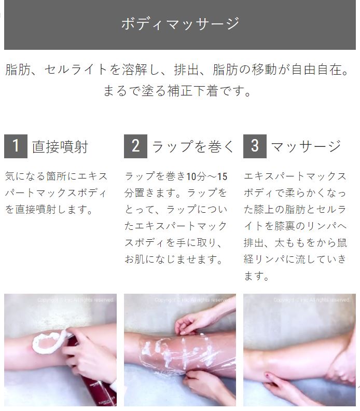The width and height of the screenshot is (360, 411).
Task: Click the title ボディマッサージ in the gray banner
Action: pos(180,24)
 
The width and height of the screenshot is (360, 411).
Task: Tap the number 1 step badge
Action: pos(16,146)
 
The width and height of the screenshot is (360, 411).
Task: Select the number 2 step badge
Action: pos(135,146)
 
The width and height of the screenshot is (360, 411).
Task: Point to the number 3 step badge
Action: pos(255,146)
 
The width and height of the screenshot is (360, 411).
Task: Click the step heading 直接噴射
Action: pos(60,146)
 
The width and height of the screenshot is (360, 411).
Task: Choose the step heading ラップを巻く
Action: pos(193,146)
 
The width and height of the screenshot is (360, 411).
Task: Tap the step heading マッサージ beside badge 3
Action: pos(306,146)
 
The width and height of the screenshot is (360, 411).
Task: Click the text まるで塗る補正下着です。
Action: pos(177,91)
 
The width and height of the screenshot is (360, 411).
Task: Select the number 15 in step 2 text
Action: pos(222,176)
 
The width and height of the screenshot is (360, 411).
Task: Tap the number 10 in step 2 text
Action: pos(191,176)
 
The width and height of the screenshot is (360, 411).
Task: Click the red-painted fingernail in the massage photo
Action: pos(267,376)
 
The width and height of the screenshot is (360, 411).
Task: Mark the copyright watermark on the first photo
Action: pos(75,300)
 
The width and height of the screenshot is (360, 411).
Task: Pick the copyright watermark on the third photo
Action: pos(312,300)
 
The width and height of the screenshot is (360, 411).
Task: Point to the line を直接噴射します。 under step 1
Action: pos(49,210)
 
